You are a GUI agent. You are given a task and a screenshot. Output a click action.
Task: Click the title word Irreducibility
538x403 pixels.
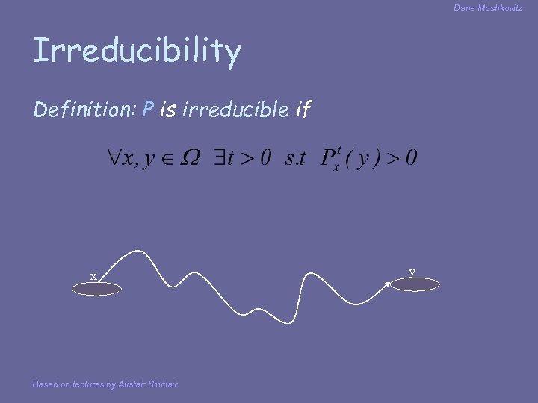137,51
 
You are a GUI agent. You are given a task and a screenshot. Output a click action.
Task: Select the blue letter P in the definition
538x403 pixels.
148,110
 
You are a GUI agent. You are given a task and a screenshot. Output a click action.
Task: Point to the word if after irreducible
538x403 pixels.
303,110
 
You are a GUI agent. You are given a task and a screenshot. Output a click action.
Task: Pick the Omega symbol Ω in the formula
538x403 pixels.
190,158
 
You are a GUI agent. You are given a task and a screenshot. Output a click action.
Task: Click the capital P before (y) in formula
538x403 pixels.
329,157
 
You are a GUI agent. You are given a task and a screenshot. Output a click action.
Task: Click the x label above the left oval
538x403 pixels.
93,277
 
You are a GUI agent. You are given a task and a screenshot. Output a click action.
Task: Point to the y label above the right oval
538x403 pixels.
412,272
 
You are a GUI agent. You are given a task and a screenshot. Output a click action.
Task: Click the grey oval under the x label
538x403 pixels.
96,290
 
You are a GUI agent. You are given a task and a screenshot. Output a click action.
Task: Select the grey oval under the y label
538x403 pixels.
413,284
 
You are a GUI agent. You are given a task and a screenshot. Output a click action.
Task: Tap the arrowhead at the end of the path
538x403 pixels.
388,284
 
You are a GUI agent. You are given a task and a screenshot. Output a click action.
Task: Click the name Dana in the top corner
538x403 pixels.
465,7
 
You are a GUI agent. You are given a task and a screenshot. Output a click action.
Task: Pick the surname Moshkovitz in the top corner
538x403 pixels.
500,7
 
